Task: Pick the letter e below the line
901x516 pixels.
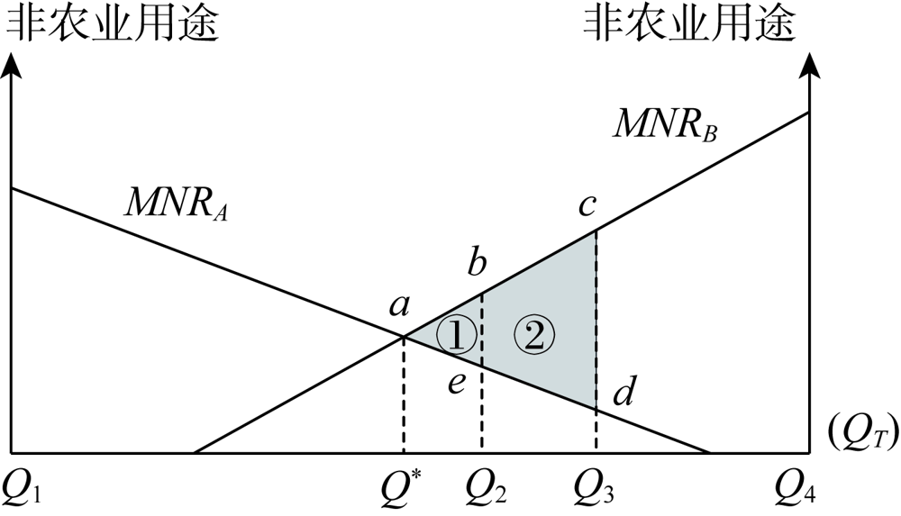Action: [458, 384]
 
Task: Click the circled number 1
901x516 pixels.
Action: [456, 335]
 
